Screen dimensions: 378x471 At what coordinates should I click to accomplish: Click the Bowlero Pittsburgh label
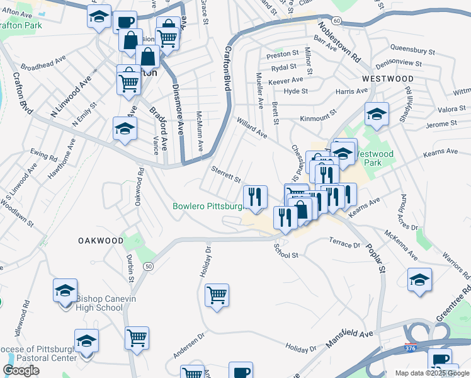208,206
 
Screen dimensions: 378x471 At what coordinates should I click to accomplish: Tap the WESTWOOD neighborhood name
388,79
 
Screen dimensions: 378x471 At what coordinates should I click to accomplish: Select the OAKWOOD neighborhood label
101,241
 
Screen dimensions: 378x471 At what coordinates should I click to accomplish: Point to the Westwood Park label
375,158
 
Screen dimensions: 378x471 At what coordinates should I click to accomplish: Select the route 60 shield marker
338,21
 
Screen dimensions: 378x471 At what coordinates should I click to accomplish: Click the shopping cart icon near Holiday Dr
217,294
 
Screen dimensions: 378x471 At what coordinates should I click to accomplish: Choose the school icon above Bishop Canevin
65,290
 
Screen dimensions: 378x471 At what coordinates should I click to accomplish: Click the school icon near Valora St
376,113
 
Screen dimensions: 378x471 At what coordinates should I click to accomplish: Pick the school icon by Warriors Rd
419,279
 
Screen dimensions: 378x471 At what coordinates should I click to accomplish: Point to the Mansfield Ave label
349,339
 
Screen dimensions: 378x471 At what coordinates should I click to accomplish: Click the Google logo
21,371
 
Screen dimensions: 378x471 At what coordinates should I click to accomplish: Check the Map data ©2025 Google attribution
432,373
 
